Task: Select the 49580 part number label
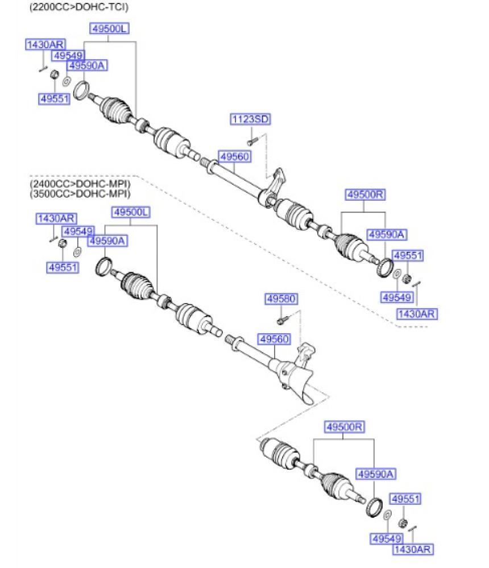pos(281,298)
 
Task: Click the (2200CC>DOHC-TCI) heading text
pos(78,7)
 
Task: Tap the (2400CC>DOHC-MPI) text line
pos(78,184)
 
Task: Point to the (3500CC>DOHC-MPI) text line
pos(78,194)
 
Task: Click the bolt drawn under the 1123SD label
pos(254,138)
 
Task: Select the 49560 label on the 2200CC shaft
pos(234,156)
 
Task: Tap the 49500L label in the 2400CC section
pos(130,212)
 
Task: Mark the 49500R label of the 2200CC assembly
pos(364,195)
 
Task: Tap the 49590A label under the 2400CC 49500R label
pos(375,474)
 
